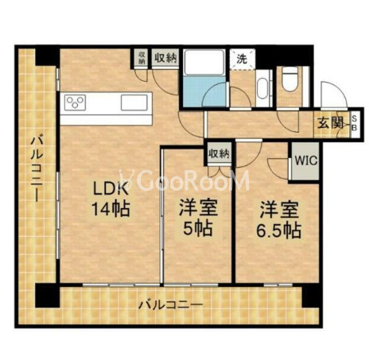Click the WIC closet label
point(305,158)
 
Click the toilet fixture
point(289,79)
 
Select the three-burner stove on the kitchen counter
point(78,102)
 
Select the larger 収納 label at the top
point(165,57)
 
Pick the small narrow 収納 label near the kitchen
point(142,57)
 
